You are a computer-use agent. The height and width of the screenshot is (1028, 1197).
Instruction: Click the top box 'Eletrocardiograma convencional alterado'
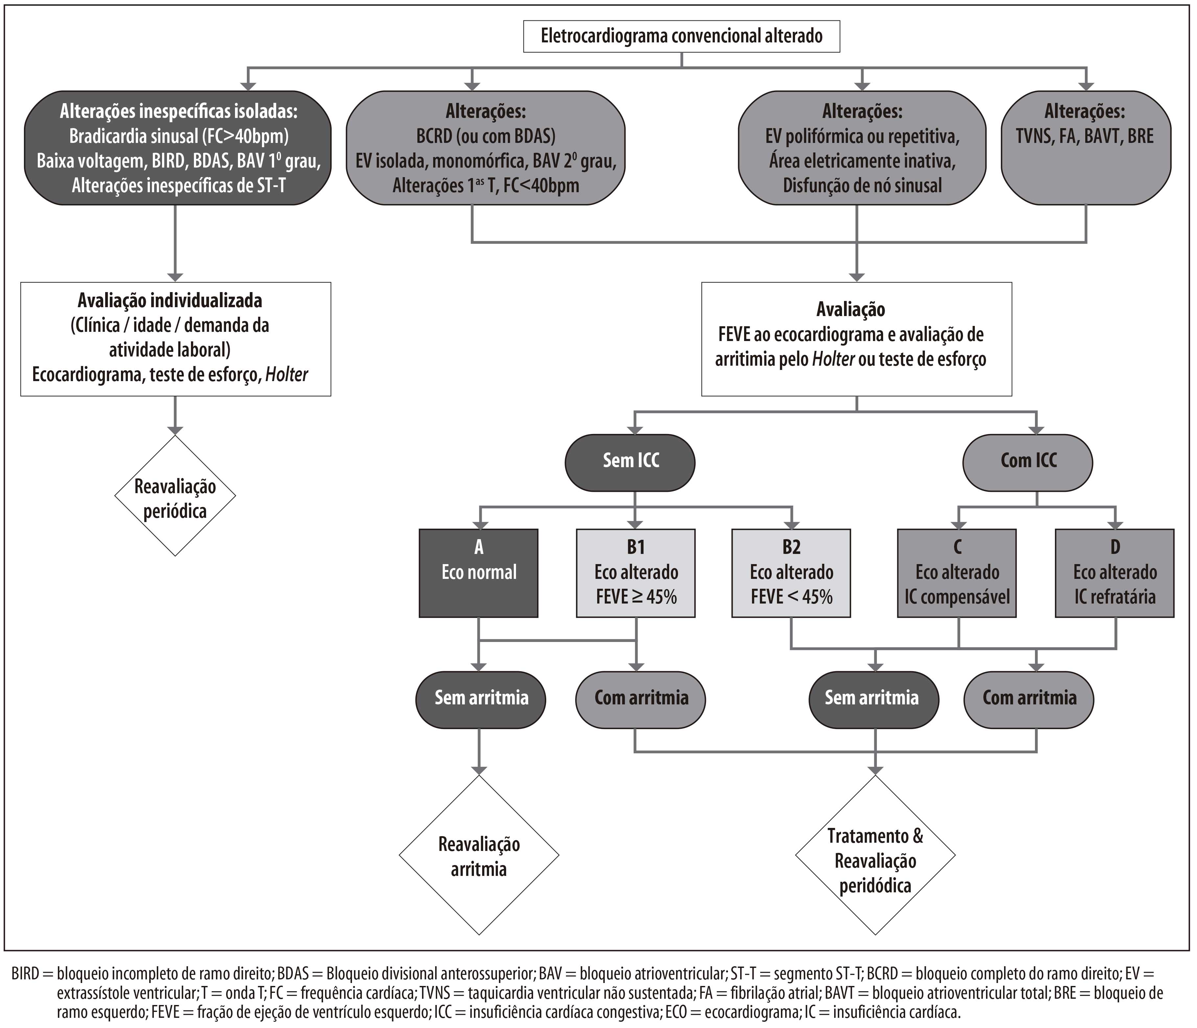tap(682, 36)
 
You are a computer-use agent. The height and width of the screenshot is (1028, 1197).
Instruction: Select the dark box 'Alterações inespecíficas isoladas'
tap(178, 148)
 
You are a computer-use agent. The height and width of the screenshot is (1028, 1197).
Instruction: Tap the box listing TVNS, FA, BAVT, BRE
tap(1086, 148)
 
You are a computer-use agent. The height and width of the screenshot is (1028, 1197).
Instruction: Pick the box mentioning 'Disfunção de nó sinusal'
tap(862, 148)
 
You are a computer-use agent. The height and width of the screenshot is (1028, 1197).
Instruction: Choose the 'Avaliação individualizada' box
tap(176, 339)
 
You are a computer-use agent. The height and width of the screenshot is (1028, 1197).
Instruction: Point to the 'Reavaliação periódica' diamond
tap(175, 495)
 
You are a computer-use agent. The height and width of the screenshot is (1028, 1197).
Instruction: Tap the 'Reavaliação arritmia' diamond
tap(479, 855)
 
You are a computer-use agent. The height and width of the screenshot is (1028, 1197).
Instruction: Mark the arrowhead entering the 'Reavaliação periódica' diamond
tap(175, 431)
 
